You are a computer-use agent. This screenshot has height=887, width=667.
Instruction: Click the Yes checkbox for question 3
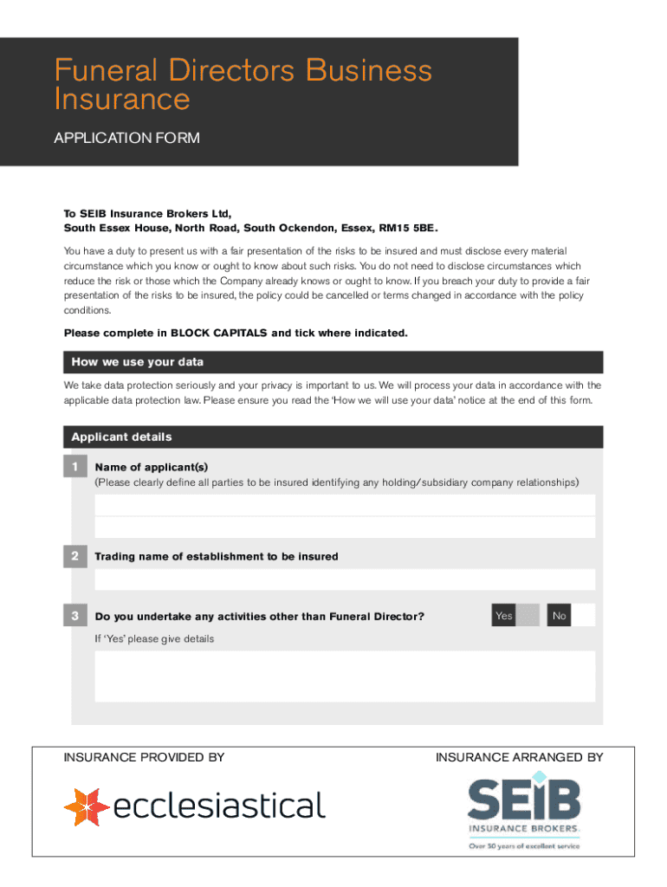[x=528, y=615]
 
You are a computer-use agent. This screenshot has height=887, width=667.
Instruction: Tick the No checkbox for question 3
[x=584, y=615]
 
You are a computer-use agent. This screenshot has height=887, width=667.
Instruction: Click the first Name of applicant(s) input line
[x=345, y=505]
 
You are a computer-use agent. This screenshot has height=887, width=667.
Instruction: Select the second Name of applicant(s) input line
[x=345, y=527]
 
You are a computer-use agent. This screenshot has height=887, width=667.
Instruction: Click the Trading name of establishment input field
[x=345, y=579]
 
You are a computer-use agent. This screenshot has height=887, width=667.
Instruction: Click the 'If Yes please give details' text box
[x=345, y=676]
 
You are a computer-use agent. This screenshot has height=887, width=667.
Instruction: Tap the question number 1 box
[x=75, y=468]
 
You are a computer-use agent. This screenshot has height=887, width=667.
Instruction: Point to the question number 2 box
[x=75, y=556]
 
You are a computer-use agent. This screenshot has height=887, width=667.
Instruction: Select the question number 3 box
[x=75, y=616]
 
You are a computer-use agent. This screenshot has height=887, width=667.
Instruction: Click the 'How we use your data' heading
[x=138, y=362]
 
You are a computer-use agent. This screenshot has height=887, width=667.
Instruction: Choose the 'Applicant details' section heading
[x=121, y=437]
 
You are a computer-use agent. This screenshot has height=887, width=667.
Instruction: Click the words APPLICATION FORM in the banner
[x=126, y=138]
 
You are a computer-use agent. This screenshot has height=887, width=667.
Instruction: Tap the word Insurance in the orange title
[x=121, y=100]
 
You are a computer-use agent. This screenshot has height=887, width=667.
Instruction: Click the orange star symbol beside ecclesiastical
[x=86, y=806]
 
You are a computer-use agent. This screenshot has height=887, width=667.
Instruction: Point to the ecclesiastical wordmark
[x=220, y=806]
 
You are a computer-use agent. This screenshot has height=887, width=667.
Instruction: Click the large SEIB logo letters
[x=524, y=800]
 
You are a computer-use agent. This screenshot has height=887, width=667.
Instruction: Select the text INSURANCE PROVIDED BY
[x=144, y=758]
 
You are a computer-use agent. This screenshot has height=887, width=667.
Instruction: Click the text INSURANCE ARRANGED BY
[x=519, y=758]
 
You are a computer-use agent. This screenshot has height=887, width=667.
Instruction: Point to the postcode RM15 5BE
[x=407, y=229]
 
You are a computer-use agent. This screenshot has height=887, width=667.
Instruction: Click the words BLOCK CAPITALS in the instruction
[x=219, y=333]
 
